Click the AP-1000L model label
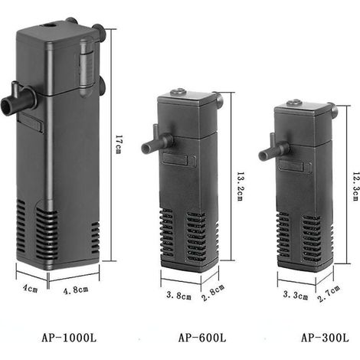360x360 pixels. tap(69, 338)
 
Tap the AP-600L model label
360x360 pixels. tap(202, 338)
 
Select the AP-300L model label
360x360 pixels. tap(325, 338)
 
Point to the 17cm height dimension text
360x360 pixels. tap(118, 145)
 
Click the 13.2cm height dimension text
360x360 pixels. tap(240, 186)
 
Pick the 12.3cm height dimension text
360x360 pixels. tap(356, 186)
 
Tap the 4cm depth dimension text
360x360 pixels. tap(30, 289)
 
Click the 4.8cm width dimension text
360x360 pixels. tap(76, 290)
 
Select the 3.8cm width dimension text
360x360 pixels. tap(178, 296)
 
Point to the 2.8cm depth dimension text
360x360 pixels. tap(213, 293)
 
